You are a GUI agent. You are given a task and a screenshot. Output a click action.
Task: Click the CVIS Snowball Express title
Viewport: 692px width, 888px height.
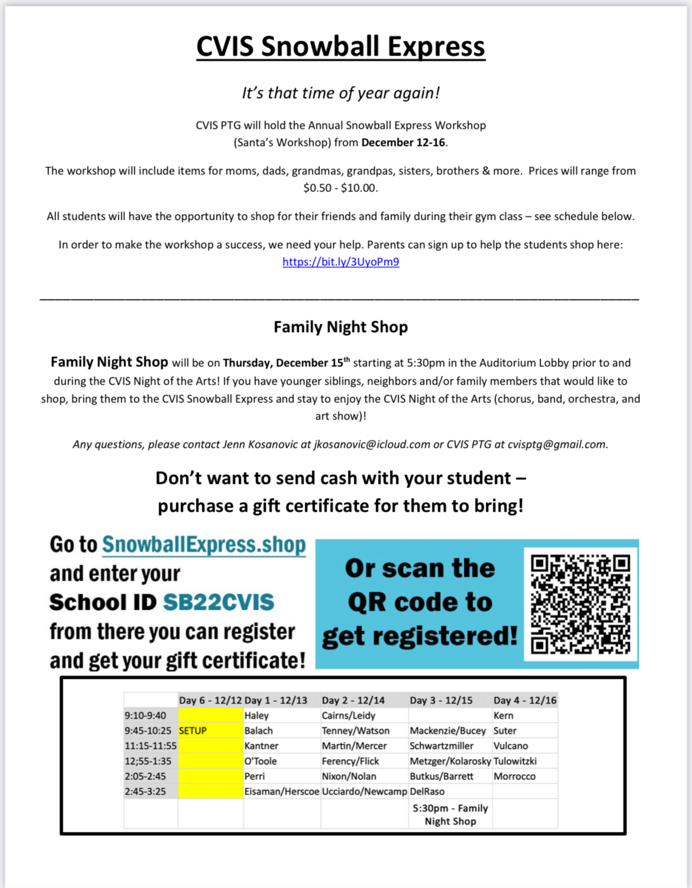tap(341, 47)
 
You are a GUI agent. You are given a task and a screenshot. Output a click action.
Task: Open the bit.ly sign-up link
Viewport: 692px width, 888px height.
tap(341, 262)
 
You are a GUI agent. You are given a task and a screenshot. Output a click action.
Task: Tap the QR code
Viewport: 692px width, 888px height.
tap(580, 604)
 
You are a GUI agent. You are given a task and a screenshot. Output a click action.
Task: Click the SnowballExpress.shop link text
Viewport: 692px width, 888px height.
tap(204, 544)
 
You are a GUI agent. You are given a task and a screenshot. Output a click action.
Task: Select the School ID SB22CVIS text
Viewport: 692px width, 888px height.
tap(219, 603)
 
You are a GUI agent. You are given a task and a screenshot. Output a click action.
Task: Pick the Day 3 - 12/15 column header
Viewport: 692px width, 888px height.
tap(441, 700)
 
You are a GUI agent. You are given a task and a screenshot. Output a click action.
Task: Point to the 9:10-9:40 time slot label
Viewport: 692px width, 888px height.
tap(145, 715)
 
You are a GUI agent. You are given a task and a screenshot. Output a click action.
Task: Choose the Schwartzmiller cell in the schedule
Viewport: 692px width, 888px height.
tap(442, 746)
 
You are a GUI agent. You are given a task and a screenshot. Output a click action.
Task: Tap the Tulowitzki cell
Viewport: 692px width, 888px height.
tap(515, 762)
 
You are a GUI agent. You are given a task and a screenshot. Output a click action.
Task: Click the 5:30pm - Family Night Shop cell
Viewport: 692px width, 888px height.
tap(450, 814)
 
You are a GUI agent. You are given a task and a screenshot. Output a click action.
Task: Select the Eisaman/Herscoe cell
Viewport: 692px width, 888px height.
tap(282, 792)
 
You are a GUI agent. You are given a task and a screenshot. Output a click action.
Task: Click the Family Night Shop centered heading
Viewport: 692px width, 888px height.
tap(341, 327)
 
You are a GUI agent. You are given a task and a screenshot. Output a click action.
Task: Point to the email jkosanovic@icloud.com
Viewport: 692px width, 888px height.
tap(372, 444)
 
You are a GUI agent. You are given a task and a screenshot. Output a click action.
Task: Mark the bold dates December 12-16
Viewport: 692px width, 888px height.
tap(404, 142)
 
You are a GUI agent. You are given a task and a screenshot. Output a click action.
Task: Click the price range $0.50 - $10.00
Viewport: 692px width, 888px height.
tap(340, 188)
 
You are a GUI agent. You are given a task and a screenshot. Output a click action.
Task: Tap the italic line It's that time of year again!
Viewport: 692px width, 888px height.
tap(341, 93)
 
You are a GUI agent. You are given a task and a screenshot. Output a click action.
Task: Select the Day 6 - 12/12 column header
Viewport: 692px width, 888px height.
tap(211, 700)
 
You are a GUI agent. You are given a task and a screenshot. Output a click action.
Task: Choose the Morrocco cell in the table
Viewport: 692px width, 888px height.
tap(515, 776)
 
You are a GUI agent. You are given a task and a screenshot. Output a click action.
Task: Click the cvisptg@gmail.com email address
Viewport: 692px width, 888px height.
tap(557, 444)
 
